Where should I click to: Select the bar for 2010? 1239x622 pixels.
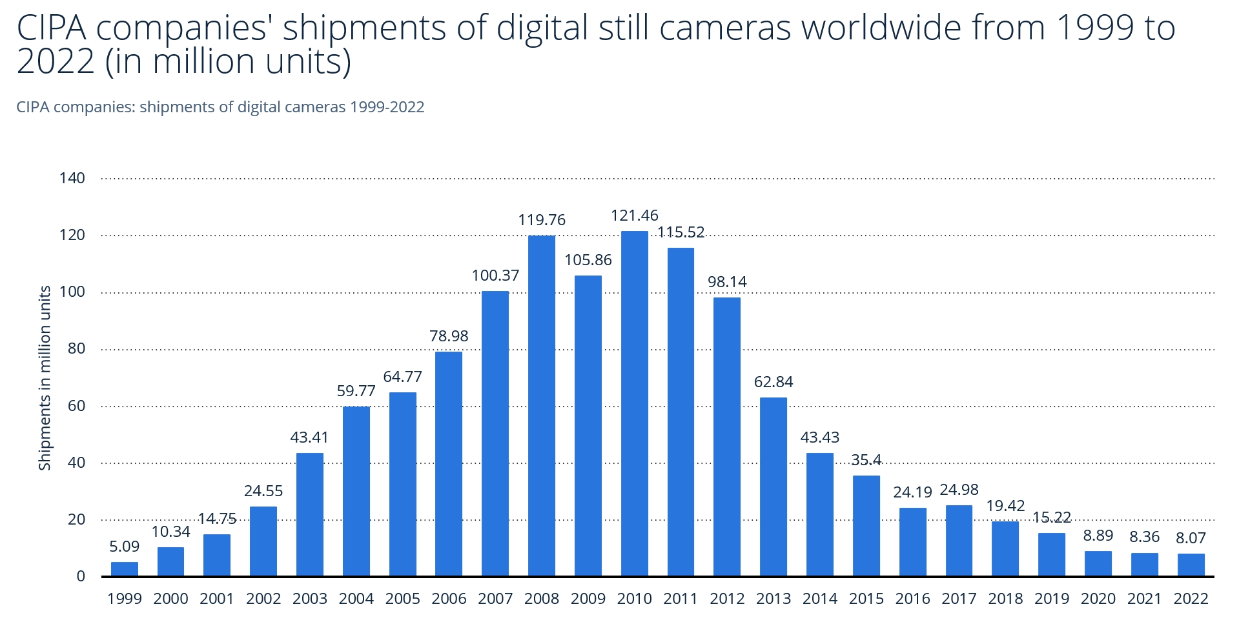pos(634,403)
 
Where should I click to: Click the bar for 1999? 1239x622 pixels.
pos(124,569)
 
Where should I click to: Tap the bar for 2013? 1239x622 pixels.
pos(773,487)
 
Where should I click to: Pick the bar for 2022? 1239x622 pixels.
pos(1191,565)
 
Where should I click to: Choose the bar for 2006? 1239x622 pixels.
pos(449,463)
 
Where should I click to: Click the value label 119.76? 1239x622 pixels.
pos(541,220)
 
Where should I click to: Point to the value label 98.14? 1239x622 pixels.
pos(727,282)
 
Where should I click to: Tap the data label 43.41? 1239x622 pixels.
pos(309,437)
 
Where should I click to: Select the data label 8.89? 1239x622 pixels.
pos(1098,536)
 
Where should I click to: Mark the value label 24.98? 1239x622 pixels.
pos(959,490)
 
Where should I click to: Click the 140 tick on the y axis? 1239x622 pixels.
pos(72,178)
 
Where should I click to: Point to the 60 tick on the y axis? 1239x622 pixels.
pos(76,406)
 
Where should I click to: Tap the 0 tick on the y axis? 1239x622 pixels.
pos(81,576)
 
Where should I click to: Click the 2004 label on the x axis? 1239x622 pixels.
pos(356,599)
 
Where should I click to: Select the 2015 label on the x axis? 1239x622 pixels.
pos(866,599)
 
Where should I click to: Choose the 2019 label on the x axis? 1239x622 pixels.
pos(1051,599)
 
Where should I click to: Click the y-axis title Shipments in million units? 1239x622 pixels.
pos(45,378)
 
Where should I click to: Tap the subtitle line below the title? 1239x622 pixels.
pos(220,107)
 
